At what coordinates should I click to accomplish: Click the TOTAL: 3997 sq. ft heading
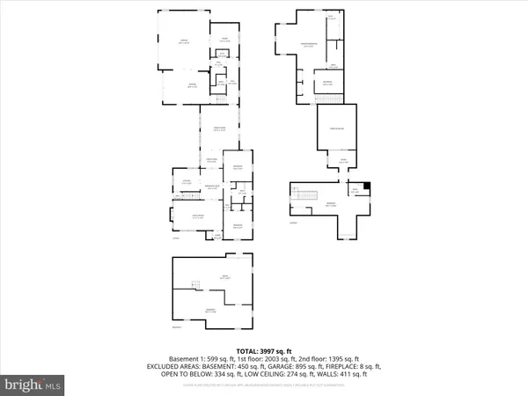pos(263,349)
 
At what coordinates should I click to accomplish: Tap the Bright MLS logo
pos(33,385)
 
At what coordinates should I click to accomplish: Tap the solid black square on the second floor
pos(369,186)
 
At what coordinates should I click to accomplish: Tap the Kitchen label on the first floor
pos(186,180)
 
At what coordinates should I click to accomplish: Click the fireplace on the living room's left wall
pos(170,215)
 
